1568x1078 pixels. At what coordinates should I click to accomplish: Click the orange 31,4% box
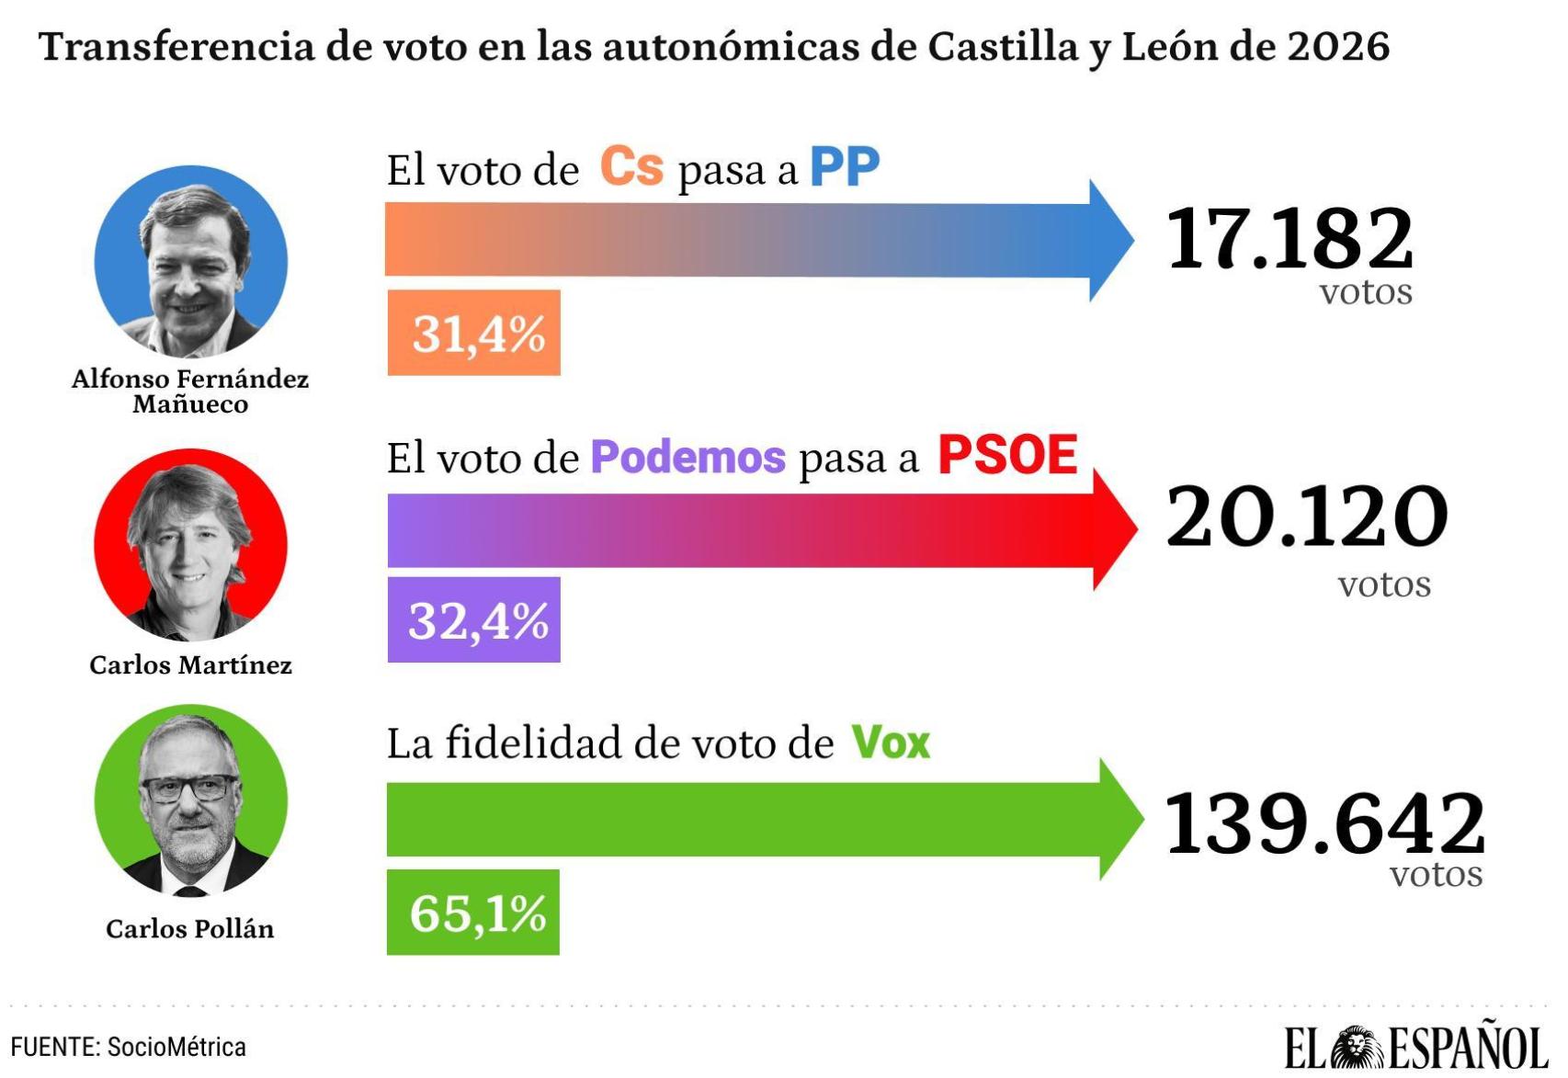pyautogui.click(x=473, y=333)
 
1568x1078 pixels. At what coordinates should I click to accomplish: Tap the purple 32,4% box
pyautogui.click(x=473, y=620)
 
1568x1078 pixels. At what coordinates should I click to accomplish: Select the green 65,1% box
pyautogui.click(x=472, y=913)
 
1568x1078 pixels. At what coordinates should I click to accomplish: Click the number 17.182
pyautogui.click(x=1289, y=239)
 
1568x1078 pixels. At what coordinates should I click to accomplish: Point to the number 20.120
pyautogui.click(x=1306, y=516)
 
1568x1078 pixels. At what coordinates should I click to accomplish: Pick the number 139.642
pyautogui.click(x=1324, y=823)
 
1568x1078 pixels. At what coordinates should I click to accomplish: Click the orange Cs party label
pyautogui.click(x=631, y=167)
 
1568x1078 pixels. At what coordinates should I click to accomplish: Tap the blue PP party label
pyautogui.click(x=844, y=167)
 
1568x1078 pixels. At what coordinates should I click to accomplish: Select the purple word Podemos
pyautogui.click(x=687, y=457)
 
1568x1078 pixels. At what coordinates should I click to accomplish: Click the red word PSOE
pyautogui.click(x=1006, y=455)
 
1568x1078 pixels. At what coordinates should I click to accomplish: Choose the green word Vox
pyautogui.click(x=890, y=743)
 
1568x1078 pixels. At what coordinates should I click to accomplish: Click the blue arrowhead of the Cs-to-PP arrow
pyautogui.click(x=1110, y=240)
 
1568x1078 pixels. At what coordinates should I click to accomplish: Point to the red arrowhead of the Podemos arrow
pyautogui.click(x=1114, y=529)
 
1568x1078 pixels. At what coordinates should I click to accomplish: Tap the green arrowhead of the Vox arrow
pyautogui.click(x=1119, y=819)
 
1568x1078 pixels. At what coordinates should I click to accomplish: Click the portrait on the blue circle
pyautogui.click(x=191, y=262)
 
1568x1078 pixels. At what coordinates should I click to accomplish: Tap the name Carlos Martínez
pyautogui.click(x=190, y=665)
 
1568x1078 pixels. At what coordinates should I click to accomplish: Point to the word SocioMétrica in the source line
pyautogui.click(x=176, y=1048)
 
